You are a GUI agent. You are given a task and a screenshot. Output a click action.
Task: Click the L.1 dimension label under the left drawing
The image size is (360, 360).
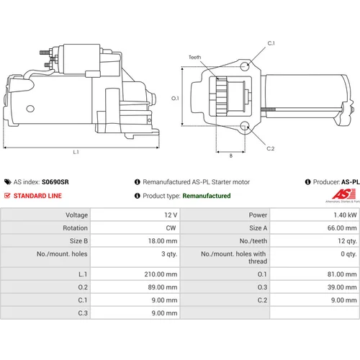point(76,152)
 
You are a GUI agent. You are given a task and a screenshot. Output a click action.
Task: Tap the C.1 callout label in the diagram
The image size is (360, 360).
point(271,43)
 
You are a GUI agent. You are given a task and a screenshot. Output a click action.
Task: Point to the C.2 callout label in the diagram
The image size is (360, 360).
point(271,148)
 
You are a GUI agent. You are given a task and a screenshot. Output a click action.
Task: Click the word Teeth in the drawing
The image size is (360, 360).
point(194,57)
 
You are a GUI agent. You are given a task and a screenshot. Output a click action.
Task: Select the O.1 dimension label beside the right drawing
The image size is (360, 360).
point(175,98)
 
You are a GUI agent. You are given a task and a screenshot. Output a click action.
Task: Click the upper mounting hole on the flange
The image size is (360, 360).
point(245,66)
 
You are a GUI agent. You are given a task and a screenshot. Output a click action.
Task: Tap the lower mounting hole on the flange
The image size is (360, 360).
point(245,125)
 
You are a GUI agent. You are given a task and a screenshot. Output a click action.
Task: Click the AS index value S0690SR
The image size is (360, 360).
point(55,182)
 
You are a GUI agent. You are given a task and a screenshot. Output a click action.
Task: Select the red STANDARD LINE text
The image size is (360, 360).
point(37,196)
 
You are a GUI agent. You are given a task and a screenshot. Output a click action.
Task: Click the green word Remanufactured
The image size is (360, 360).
point(207,196)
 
